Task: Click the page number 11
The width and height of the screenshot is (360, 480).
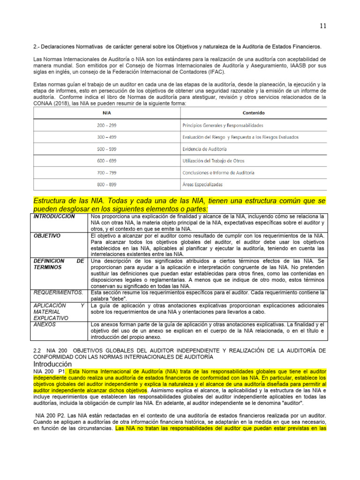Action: point(323,26)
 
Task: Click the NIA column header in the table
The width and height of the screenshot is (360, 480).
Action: point(106,113)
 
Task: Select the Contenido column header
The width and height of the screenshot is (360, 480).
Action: point(253,113)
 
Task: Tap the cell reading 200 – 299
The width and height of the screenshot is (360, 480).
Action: point(106,125)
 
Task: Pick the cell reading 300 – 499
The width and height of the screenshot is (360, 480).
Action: point(106,137)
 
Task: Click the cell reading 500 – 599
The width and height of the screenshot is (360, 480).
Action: point(106,149)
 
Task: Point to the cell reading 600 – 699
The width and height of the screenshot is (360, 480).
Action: point(106,161)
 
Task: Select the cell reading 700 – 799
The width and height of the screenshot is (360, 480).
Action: point(106,172)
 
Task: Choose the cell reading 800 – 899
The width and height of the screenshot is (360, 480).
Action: point(106,185)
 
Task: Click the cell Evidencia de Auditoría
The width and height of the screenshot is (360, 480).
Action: point(204,149)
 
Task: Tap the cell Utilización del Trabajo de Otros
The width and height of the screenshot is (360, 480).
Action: point(213,161)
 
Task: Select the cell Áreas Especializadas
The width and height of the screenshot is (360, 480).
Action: point(202,185)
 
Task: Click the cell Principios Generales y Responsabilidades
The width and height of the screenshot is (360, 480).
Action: point(222,125)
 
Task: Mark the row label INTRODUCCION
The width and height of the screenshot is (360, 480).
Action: point(54,217)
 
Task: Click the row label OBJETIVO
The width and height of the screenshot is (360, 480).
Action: point(47,236)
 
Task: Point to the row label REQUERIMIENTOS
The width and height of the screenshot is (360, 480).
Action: point(58,292)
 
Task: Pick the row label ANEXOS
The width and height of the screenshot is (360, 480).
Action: point(45,324)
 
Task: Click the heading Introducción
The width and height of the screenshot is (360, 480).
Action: point(52,364)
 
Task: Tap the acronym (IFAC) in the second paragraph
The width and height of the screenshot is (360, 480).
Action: point(213,72)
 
